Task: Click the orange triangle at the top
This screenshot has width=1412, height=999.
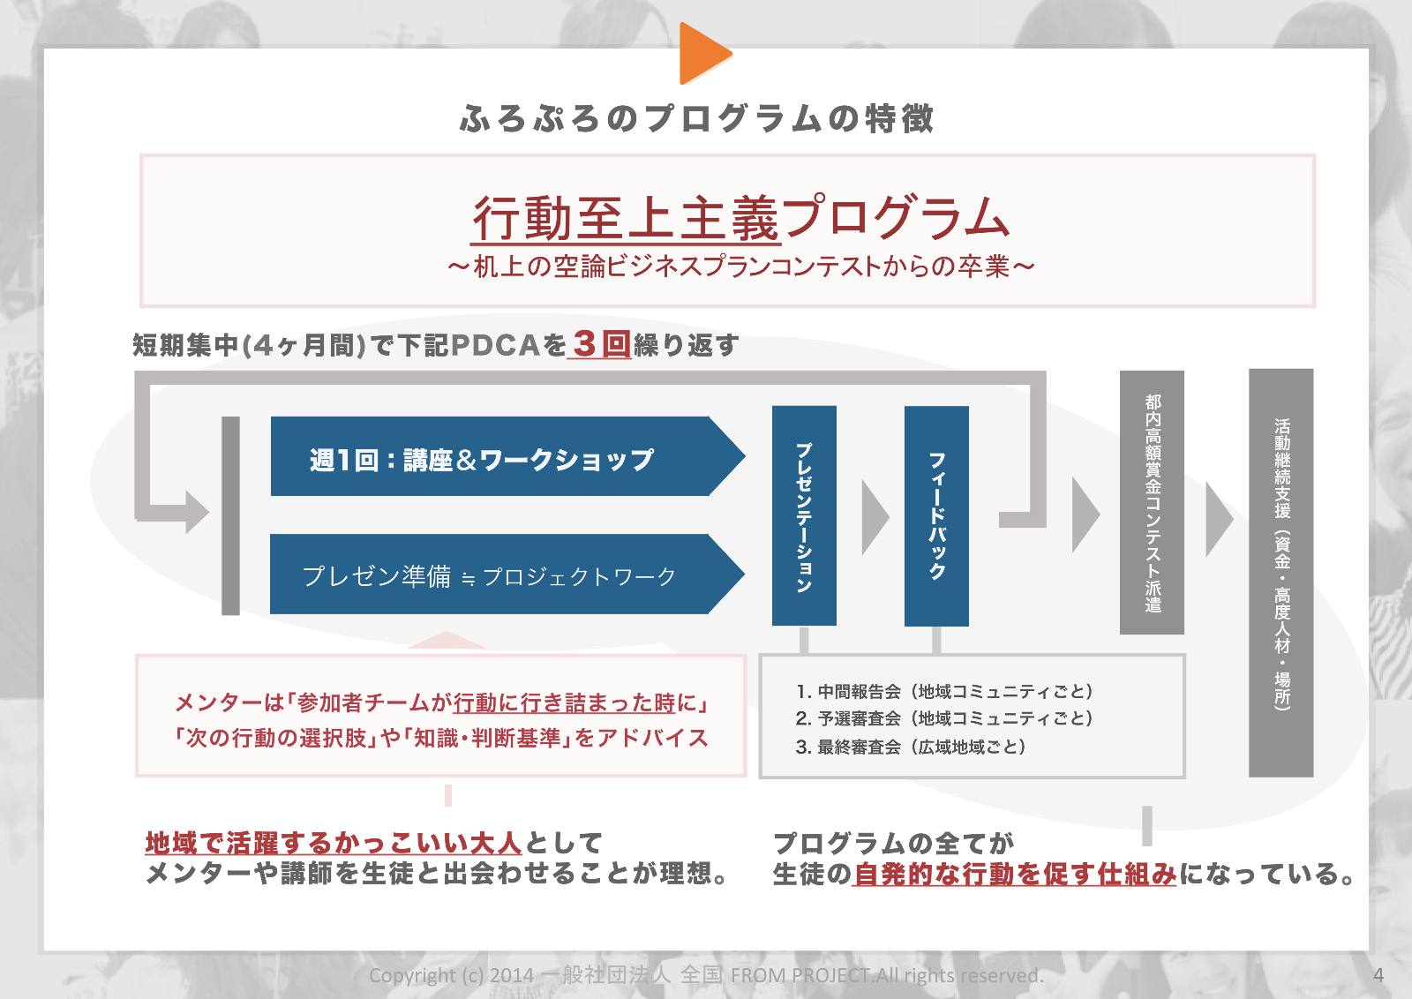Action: tap(702, 53)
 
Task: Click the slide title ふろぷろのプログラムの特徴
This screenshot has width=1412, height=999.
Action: tap(697, 118)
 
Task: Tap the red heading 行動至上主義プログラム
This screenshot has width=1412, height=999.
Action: tap(740, 217)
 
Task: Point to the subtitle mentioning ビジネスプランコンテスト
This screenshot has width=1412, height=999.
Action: tap(740, 267)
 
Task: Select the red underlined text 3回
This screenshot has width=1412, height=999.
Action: tap(602, 344)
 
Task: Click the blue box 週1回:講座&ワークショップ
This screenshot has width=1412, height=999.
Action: tap(494, 457)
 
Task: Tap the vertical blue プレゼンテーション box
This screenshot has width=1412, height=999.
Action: tap(804, 516)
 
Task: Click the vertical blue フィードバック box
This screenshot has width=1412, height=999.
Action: tap(936, 516)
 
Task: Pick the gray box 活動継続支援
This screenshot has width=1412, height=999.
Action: tap(1281, 572)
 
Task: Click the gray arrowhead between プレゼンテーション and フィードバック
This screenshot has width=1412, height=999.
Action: tap(874, 517)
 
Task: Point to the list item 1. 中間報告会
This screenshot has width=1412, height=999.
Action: tap(944, 692)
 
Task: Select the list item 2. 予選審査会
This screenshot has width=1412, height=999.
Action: tap(944, 719)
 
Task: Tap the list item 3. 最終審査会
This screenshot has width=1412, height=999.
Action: tap(911, 747)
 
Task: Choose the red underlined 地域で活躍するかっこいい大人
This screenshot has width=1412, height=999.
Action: tap(334, 843)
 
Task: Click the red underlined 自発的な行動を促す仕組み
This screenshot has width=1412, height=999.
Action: tap(1015, 875)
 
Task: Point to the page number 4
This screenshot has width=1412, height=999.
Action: tap(1378, 975)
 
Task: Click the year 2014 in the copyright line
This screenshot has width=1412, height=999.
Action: tap(512, 975)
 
